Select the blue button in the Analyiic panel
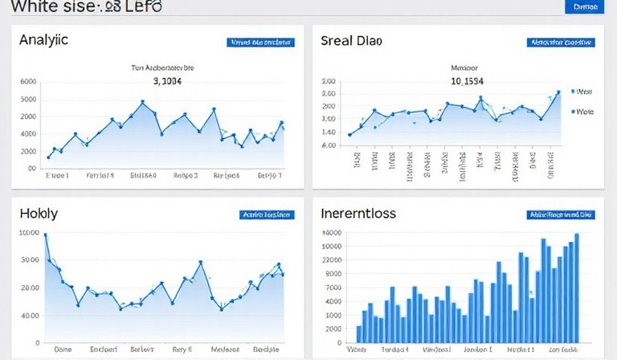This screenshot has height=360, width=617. pos(260,42)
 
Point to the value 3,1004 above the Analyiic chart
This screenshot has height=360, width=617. pos(167,81)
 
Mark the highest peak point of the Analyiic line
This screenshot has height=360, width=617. pos(142,102)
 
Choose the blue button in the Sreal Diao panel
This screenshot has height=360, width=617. pos(560,42)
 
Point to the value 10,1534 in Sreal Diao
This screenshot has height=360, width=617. pos(467,81)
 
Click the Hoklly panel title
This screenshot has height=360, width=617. pos(39,214)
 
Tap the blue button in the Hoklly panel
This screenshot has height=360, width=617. pos(265,215)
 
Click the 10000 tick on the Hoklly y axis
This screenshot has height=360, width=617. pos(28,232)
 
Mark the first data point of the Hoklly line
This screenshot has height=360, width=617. pos(45,235)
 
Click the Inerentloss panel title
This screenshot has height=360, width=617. pos(358,215)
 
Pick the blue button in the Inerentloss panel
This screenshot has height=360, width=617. pos(560,215)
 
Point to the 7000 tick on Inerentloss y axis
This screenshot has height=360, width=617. pos(333,287)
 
